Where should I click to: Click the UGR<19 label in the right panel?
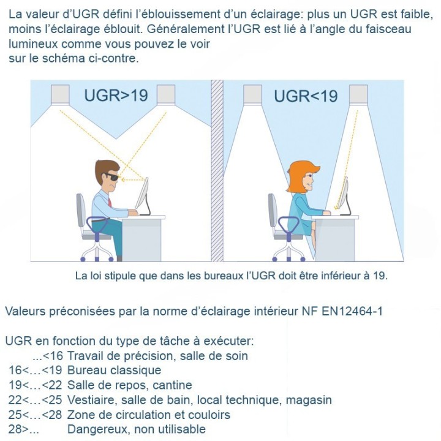(x=306, y=96)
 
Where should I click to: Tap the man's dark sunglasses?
(x=112, y=178)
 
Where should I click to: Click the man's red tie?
(x=111, y=202)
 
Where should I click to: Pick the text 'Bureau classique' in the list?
(x=115, y=370)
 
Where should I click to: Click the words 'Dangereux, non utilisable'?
(x=137, y=429)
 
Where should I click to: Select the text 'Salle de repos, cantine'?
(x=130, y=385)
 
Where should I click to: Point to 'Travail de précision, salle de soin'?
(x=157, y=355)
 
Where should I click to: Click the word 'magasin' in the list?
(x=309, y=400)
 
